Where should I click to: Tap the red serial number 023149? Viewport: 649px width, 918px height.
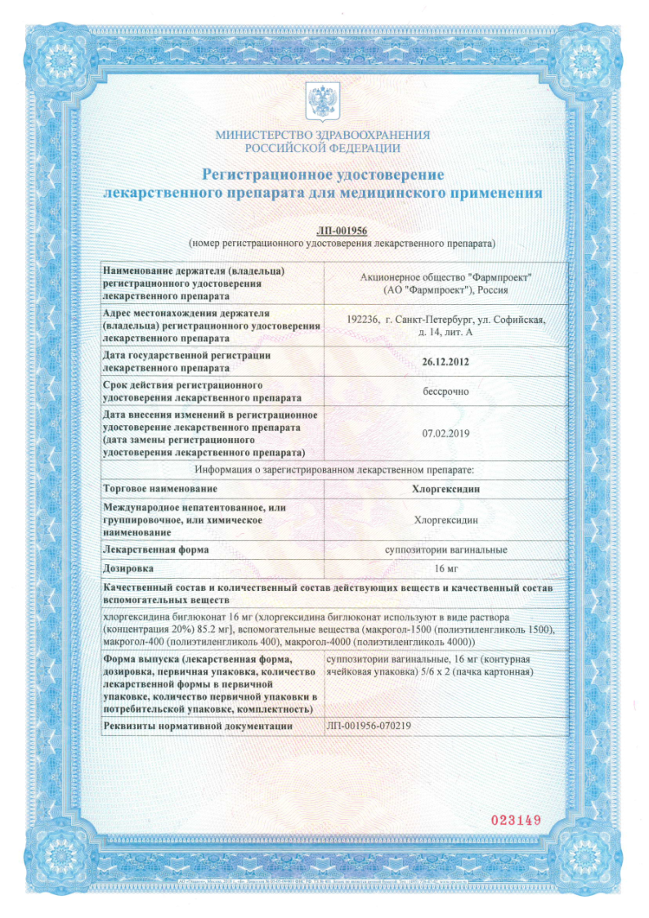click(515, 818)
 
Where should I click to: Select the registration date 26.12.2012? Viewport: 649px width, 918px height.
click(445, 361)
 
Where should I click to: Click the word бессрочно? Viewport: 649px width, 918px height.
click(445, 392)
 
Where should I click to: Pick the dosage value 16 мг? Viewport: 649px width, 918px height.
click(445, 567)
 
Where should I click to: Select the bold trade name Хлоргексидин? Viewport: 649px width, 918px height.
click(445, 489)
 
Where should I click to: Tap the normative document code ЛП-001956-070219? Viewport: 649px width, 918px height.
click(368, 726)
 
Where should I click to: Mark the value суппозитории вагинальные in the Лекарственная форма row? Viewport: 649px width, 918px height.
click(445, 550)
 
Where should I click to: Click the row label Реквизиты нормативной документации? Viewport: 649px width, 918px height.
click(197, 726)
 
